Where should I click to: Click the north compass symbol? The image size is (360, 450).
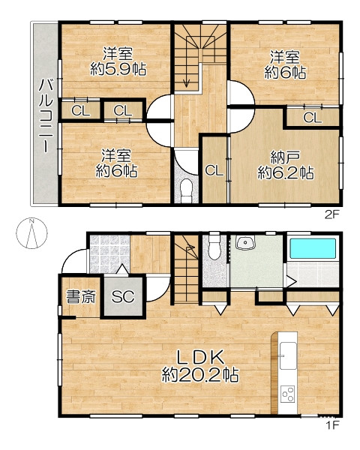[31, 233]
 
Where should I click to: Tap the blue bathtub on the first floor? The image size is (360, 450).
[313, 248]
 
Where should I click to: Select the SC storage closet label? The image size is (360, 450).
[123, 296]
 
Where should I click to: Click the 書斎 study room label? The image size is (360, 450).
[81, 297]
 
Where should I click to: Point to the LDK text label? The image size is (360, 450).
[199, 358]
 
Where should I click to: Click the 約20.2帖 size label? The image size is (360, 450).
[200, 375]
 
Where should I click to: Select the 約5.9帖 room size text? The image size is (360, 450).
[118, 69]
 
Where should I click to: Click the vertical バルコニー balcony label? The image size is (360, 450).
[46, 115]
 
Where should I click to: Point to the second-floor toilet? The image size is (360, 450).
[187, 190]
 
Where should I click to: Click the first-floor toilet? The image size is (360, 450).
[214, 246]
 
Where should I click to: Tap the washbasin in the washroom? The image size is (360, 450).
[245, 243]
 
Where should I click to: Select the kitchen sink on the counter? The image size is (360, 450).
[288, 355]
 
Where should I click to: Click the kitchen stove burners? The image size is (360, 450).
[288, 394]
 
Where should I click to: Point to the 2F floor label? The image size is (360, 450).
[332, 214]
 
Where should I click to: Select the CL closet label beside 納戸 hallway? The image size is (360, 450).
[214, 171]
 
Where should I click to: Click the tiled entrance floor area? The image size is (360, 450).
[109, 254]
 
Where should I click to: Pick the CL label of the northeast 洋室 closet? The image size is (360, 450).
[313, 118]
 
